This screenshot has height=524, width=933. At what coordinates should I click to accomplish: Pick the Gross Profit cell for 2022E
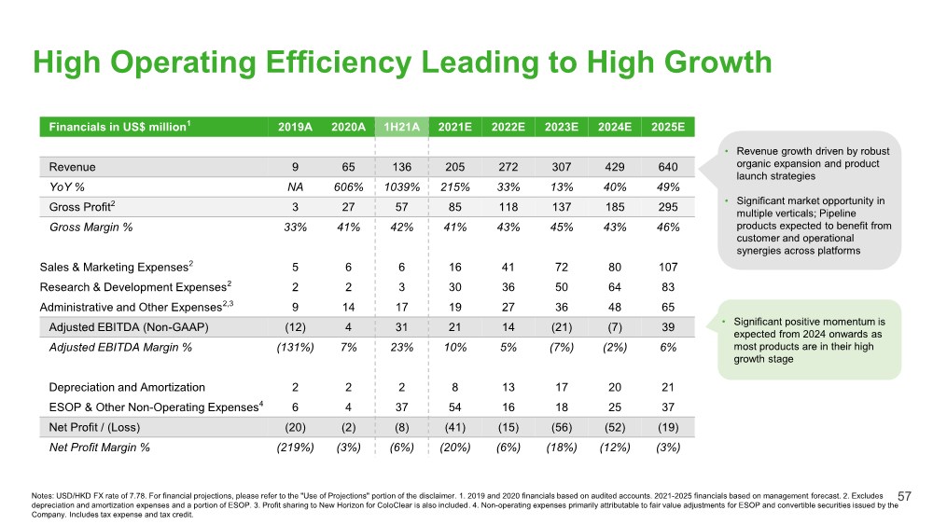(506, 207)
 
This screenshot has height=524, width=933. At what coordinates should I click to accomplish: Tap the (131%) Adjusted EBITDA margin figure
(295, 347)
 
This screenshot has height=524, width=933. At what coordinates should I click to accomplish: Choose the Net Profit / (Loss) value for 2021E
(453, 427)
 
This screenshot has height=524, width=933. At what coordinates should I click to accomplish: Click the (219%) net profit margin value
(295, 447)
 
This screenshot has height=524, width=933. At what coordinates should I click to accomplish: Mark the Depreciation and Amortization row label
(128, 387)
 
